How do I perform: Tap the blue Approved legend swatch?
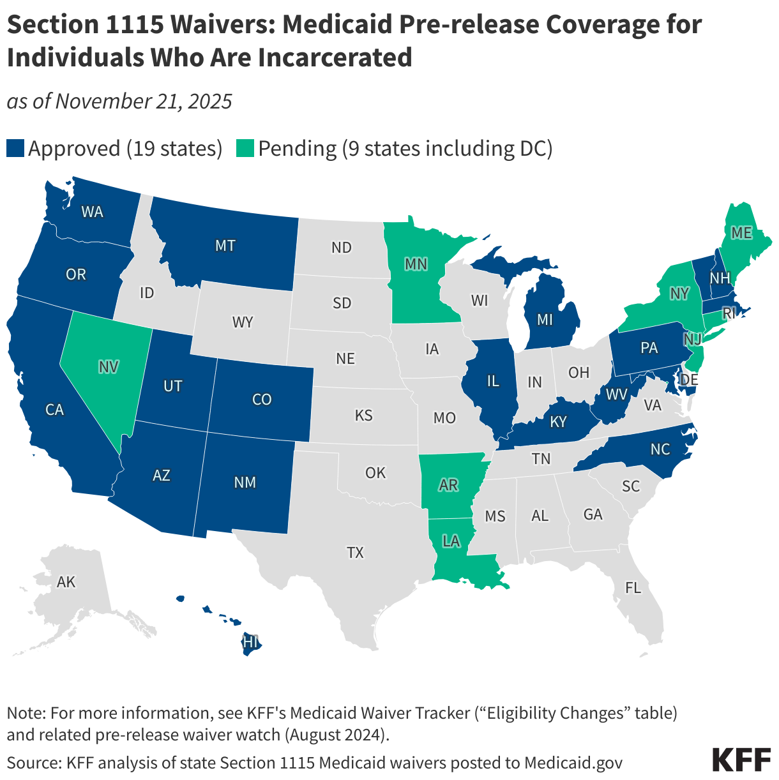tap(15, 149)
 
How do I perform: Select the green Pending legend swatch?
tap(245, 149)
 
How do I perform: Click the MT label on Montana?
tap(225, 245)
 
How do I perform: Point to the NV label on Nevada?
tap(109, 367)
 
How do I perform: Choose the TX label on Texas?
tap(355, 553)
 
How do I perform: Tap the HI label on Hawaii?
tap(250, 643)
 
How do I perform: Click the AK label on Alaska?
tap(66, 582)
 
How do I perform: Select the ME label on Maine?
tap(741, 234)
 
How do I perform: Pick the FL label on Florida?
tap(633, 588)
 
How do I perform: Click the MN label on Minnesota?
tap(416, 264)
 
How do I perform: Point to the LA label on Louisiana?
tap(451, 541)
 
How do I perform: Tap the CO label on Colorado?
tap(262, 400)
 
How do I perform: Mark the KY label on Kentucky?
tap(558, 423)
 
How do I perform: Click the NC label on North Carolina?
tap(660, 449)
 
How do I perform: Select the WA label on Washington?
tap(92, 212)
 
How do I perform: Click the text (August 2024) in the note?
tap(337, 735)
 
